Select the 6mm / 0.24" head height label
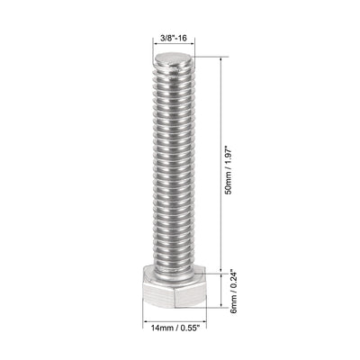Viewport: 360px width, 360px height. [x=233, y=290]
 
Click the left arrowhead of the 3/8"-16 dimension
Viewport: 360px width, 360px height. [x=156, y=48]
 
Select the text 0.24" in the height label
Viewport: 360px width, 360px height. [x=233, y=278]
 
